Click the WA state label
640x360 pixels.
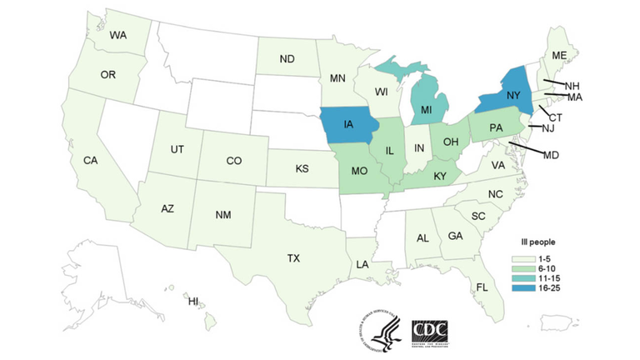[x=117, y=36]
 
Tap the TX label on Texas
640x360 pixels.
[x=293, y=258]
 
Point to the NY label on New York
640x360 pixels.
[x=513, y=96]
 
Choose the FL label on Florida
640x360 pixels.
[x=482, y=287]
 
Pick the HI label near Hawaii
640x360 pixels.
[x=193, y=301]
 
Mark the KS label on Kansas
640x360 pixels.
[x=302, y=168]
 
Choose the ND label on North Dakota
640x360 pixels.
[x=287, y=59]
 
